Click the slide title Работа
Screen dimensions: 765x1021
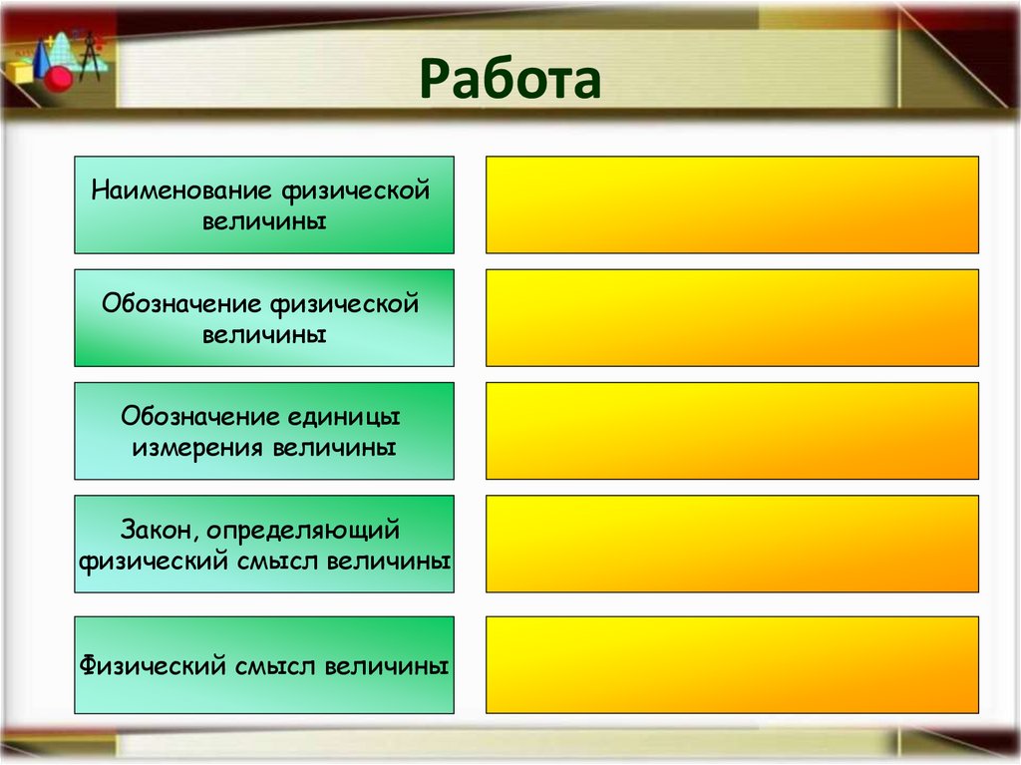[x=510, y=81]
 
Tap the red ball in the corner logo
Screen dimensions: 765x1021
[x=59, y=77]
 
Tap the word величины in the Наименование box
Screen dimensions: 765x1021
[x=264, y=220]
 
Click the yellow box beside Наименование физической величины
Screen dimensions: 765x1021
[x=732, y=204]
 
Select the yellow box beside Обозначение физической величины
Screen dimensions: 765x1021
[x=732, y=317]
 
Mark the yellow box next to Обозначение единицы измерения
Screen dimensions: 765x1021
[x=732, y=430]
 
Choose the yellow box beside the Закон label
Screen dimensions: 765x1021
[x=732, y=544]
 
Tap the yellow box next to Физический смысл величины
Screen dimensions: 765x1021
[x=732, y=664]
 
